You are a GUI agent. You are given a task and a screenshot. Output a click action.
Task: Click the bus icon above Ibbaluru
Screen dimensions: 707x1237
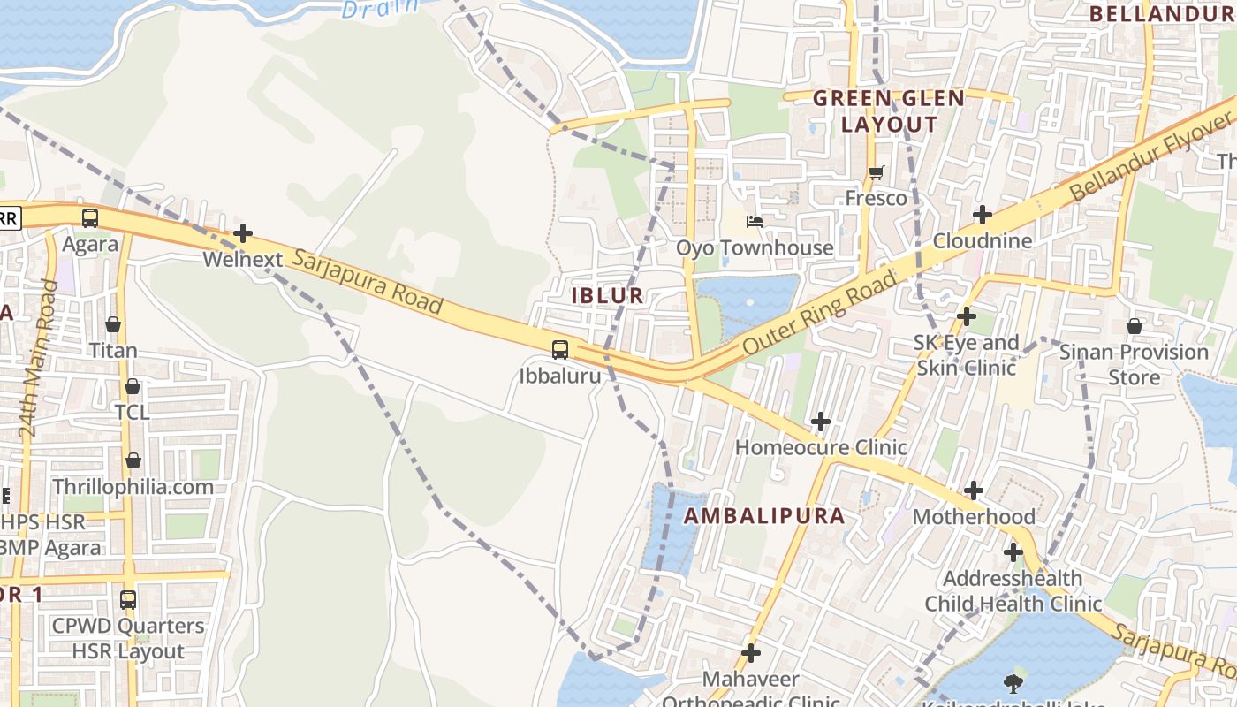[560, 349]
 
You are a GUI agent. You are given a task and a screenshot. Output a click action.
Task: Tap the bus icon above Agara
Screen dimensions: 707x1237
[90, 218]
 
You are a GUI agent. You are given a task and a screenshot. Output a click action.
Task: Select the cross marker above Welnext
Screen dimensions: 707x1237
[243, 234]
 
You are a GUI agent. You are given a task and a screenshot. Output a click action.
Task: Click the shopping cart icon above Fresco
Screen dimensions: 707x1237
[876, 172]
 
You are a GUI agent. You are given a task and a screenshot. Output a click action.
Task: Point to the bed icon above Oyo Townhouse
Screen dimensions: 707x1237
[755, 222]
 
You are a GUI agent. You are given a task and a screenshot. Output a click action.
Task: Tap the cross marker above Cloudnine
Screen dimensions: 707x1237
[982, 215]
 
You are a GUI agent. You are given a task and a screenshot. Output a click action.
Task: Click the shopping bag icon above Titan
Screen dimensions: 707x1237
[113, 324]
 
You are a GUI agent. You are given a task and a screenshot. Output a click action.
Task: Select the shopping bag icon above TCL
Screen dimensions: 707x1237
[132, 386]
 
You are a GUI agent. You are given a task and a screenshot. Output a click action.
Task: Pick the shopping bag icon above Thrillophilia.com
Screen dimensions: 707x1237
[133, 460]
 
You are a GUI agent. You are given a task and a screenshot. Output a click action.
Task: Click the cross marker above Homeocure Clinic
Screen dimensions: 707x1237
[821, 422]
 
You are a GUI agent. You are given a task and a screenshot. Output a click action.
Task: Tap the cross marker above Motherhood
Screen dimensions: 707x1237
[973, 490]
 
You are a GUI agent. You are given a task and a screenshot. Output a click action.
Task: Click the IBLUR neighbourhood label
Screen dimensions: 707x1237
[607, 296]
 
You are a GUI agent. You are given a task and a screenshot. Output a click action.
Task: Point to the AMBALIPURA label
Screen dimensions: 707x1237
[764, 516]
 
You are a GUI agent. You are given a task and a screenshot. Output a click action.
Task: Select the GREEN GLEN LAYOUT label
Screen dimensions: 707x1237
[888, 111]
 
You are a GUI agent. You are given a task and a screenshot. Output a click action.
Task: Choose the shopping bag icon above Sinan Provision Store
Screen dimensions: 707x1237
[1134, 326]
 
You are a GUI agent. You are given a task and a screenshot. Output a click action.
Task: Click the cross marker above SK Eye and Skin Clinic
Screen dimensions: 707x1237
[967, 316]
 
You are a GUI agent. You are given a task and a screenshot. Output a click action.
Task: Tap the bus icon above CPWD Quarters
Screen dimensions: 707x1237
[128, 599]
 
